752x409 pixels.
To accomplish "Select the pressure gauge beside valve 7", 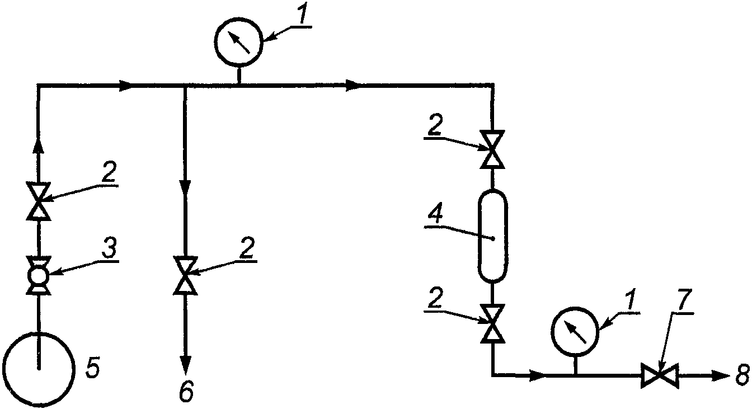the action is [575, 331].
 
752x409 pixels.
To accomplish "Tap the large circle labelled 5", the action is [38, 369].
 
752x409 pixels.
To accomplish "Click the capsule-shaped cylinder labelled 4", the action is [492, 236].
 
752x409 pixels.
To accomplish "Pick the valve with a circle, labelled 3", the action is [38, 276].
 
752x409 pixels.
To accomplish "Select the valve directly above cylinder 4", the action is [492, 149].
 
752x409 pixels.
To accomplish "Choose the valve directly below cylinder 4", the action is [492, 323].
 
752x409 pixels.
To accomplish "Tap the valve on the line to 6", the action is [185, 276].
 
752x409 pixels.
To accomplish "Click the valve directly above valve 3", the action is [38, 201].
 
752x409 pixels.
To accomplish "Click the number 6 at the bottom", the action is [186, 391].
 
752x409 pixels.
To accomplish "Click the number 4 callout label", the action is [436, 215].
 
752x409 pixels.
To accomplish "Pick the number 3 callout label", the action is [110, 247].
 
